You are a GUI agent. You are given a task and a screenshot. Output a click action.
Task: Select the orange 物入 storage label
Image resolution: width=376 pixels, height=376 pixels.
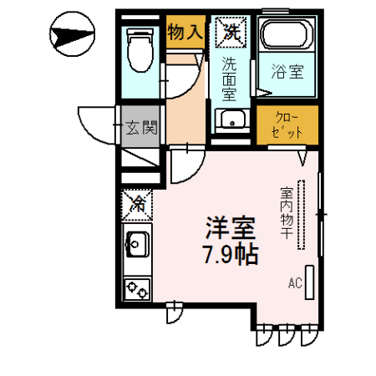coord(183,33)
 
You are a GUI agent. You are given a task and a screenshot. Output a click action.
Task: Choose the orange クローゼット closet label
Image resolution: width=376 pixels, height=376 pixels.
coord(287,124)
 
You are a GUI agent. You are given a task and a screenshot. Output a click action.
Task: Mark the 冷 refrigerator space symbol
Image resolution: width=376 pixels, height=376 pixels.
coord(136,204)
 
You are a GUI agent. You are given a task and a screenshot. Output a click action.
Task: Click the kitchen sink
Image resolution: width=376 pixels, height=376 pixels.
coord(136,246)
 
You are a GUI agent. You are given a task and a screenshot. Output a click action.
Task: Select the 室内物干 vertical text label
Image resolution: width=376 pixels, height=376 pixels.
coord(286,213)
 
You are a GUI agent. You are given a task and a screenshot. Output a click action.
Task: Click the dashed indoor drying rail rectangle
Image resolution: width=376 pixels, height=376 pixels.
coord(305,213)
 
